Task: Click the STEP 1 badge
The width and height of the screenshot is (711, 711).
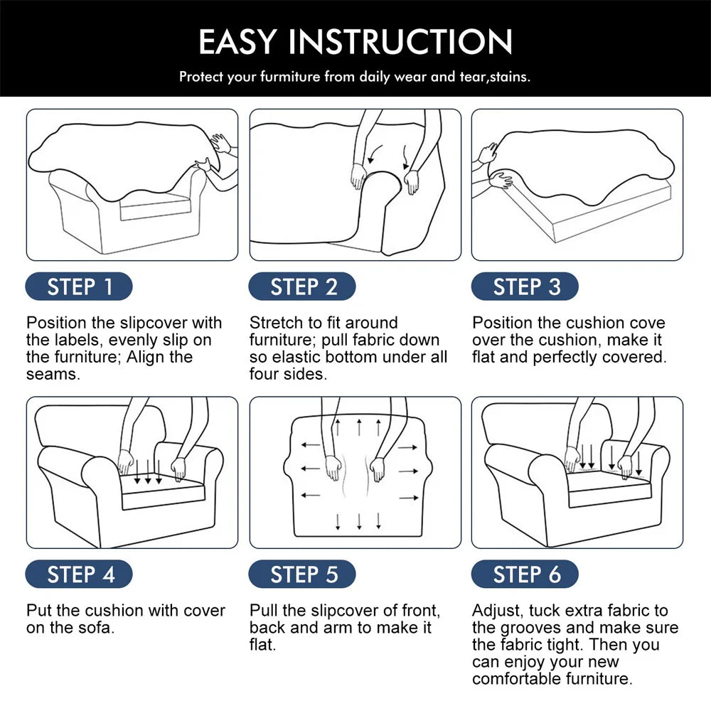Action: pyautogui.click(x=79, y=287)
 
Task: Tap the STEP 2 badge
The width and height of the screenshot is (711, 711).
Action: pyautogui.click(x=302, y=287)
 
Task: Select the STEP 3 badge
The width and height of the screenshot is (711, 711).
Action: pyautogui.click(x=525, y=287)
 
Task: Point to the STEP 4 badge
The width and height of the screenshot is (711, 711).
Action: pyautogui.click(x=79, y=574)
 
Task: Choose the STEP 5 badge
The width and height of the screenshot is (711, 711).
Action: pyautogui.click(x=302, y=574)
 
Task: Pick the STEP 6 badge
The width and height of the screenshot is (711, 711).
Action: pyautogui.click(x=525, y=574)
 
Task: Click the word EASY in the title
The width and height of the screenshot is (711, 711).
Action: pyautogui.click(x=237, y=42)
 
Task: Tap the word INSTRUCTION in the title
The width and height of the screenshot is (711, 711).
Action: pyautogui.click(x=400, y=42)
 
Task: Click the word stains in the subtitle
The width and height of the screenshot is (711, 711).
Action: pyautogui.click(x=510, y=77)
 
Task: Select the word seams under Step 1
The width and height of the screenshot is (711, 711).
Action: pyautogui.click(x=53, y=375)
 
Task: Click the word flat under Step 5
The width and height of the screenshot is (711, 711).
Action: pyautogui.click(x=262, y=645)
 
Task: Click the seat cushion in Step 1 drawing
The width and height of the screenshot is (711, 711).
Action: pyautogui.click(x=155, y=208)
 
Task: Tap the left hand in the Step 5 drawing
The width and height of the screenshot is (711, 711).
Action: pyautogui.click(x=333, y=468)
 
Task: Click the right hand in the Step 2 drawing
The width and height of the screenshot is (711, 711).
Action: pyautogui.click(x=412, y=182)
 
